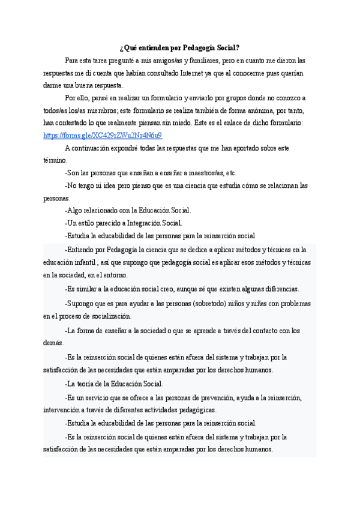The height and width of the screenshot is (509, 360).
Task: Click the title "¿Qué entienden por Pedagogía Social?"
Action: click(x=179, y=48)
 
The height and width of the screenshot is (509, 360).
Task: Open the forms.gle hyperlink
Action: click(x=103, y=135)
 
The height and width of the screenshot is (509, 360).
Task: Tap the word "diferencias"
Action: click(x=280, y=289)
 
